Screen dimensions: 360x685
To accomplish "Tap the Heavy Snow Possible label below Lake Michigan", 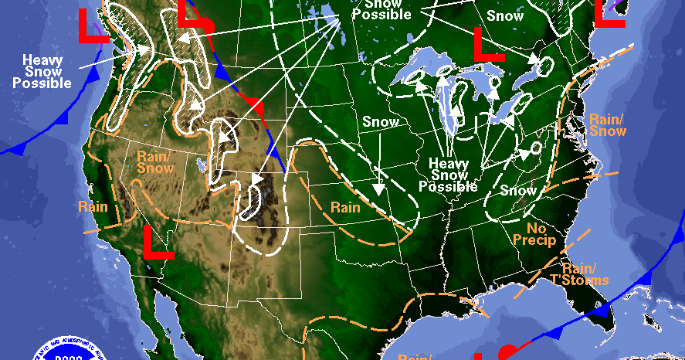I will pos(448,175).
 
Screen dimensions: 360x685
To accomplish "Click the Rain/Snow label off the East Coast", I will pos(608,125).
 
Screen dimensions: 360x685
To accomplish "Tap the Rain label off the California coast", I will pos(93,206).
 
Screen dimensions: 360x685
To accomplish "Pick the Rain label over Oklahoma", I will pos(344,207).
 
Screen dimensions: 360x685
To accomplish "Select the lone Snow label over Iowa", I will pos(381,121).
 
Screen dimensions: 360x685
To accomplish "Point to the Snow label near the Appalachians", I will pos(517,190).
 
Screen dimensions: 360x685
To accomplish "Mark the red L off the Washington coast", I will pos(93,27).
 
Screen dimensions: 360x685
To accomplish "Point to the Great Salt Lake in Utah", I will pos(202,165).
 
